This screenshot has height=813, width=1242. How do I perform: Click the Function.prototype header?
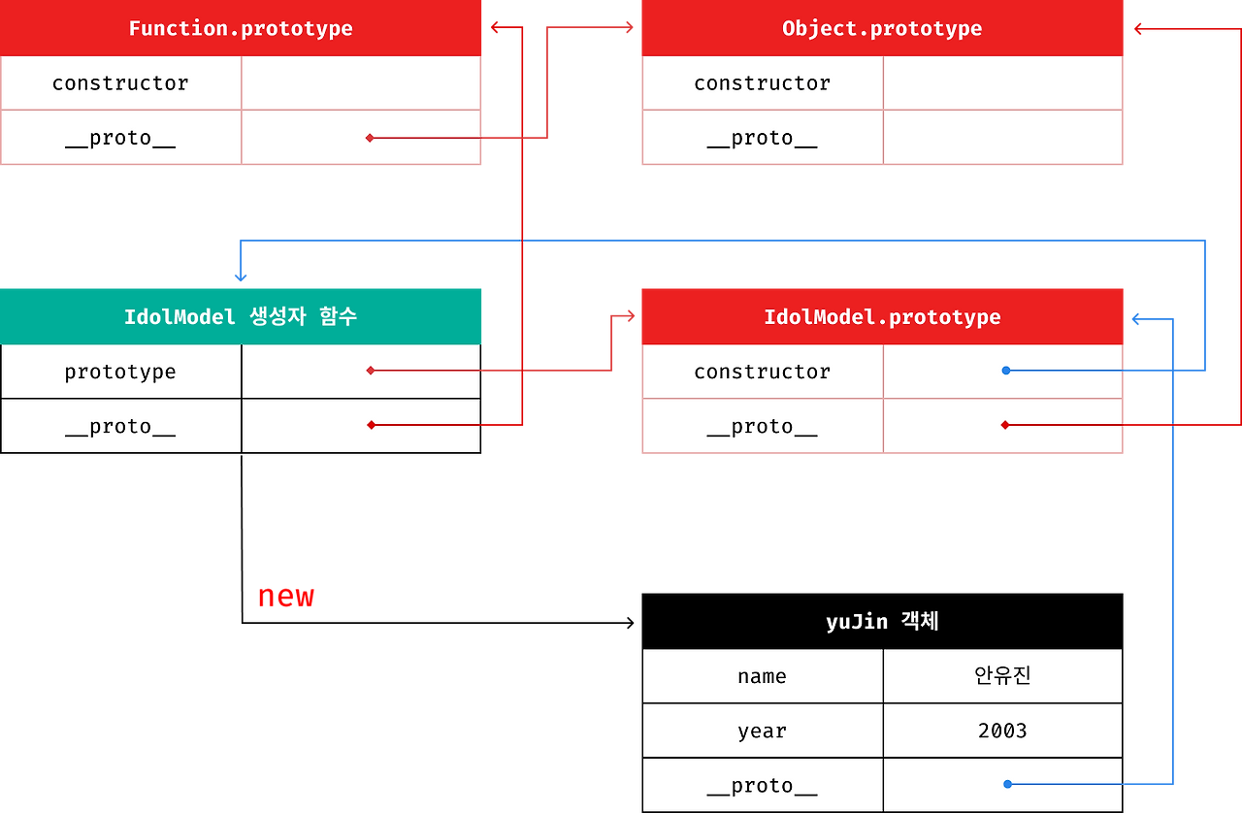point(241,28)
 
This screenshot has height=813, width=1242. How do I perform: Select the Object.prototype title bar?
point(882,28)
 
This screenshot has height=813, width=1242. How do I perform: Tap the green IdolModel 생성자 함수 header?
point(241,316)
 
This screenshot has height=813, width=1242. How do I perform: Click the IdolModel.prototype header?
point(882,316)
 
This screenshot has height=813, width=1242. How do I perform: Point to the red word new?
point(286,597)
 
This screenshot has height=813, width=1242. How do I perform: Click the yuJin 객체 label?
point(882,622)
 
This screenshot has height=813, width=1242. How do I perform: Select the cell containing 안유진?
point(1002,676)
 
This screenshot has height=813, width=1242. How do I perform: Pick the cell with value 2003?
point(1002,731)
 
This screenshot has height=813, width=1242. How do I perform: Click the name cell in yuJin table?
point(762,676)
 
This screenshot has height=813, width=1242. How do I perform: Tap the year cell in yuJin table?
point(762,731)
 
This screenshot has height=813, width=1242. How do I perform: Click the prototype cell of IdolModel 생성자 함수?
point(120,372)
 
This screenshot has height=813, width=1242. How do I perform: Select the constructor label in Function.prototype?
point(120,83)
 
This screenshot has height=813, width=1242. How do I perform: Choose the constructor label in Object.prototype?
point(762,83)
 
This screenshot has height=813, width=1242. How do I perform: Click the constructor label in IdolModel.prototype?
point(762,372)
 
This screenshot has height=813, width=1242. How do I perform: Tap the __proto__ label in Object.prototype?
point(762,138)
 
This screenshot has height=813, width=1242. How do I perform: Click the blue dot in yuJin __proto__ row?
point(1007,784)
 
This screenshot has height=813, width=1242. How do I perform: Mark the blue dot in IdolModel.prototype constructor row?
point(1005,371)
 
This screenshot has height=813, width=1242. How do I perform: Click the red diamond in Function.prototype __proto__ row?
point(370,138)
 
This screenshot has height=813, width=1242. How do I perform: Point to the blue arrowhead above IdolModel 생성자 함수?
point(240,276)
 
